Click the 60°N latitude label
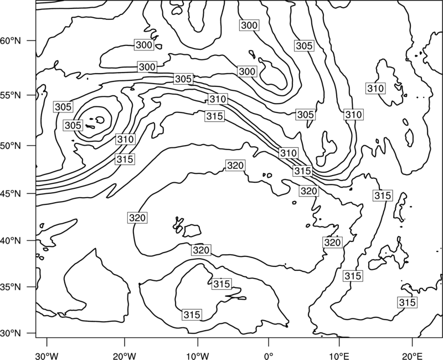11,40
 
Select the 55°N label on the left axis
11,95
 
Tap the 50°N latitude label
11,146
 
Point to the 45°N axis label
11,193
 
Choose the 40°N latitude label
11,240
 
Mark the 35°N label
11,287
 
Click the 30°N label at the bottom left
11,333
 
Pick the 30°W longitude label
47,356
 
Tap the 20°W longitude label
124,356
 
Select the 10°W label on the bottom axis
198,356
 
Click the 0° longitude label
269,356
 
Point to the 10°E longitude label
339,356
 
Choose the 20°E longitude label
413,356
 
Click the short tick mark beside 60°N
32,40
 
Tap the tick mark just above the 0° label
269,342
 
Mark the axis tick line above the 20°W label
124,342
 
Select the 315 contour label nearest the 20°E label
407,302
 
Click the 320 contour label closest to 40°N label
137,218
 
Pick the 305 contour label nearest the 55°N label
63,107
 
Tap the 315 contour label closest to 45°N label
125,159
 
